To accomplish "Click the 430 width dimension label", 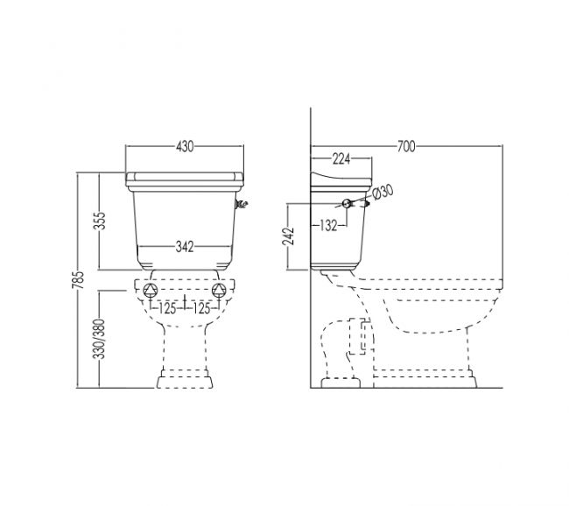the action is (x=185, y=147).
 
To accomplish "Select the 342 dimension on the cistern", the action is (x=185, y=247).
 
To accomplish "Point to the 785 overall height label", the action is (x=78, y=279).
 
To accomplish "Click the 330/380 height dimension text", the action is (x=99, y=339).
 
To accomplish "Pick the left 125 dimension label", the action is (x=167, y=308).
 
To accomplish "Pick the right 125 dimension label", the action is (x=201, y=308).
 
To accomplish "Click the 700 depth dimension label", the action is (x=406, y=147).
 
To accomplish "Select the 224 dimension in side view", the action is (x=341, y=158).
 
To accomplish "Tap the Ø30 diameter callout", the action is (x=383, y=192).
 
